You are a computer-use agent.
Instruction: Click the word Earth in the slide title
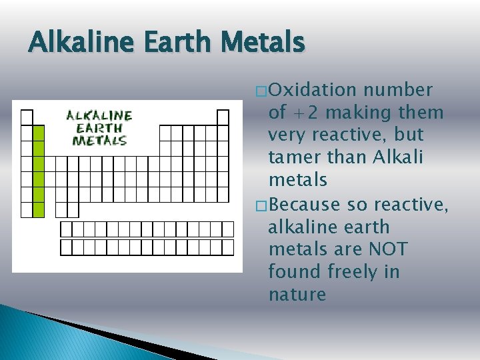click(x=175, y=43)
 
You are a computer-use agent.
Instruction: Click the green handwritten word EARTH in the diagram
click(x=99, y=127)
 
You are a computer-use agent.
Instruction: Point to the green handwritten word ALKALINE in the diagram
click(x=99, y=115)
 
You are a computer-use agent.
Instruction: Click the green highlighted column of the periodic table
click(x=39, y=171)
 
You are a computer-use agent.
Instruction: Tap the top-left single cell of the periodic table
click(x=27, y=117)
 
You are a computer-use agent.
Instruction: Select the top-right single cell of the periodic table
click(x=223, y=117)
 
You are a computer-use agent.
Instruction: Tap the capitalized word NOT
click(x=387, y=249)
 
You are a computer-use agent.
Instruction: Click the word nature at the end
click(x=297, y=294)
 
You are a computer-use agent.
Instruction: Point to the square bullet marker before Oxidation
click(x=261, y=91)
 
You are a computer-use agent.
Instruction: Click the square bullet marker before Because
click(x=261, y=204)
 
